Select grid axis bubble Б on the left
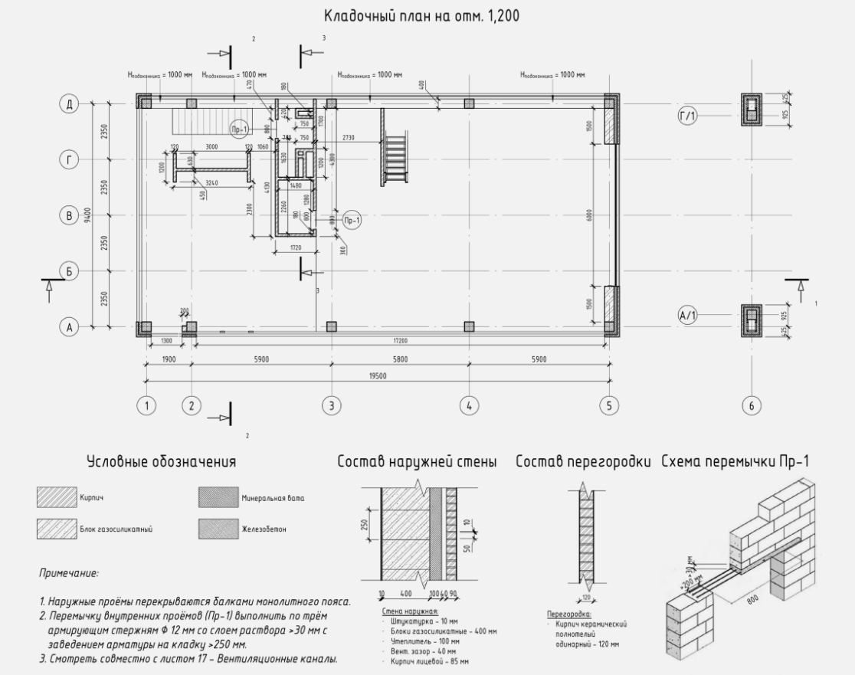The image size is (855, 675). [70, 270]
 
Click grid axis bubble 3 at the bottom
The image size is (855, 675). [331, 406]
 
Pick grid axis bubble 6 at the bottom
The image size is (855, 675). [751, 406]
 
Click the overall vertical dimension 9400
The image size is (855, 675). [88, 215]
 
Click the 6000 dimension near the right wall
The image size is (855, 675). [589, 215]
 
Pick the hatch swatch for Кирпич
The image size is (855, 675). [57, 499]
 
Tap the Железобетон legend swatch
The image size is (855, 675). [218, 529]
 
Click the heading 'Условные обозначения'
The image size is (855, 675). [161, 462]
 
